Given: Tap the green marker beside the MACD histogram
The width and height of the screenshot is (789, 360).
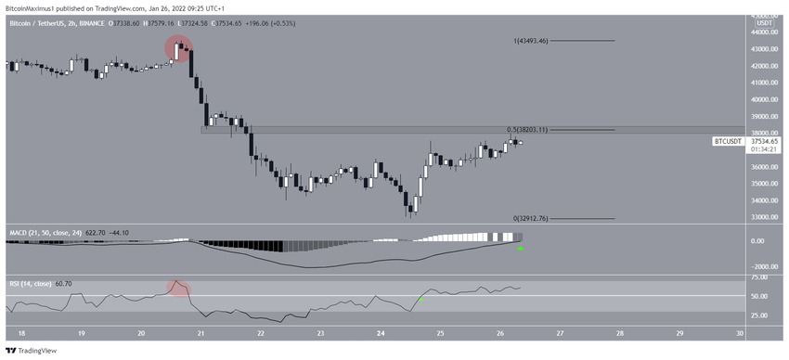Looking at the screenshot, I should coord(521,249).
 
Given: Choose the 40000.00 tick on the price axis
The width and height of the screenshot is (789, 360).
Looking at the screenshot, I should coord(763,99).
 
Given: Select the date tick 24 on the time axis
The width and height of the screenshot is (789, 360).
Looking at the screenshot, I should coord(381,333).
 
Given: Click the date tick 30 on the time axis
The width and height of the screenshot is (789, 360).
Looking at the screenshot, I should coord(739,333).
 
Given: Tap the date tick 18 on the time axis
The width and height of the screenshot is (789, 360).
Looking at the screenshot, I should coord(21,333).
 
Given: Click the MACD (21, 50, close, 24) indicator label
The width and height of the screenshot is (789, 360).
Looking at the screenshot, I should coord(47,231).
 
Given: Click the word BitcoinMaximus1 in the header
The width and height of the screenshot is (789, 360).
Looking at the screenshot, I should coord(30,6).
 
